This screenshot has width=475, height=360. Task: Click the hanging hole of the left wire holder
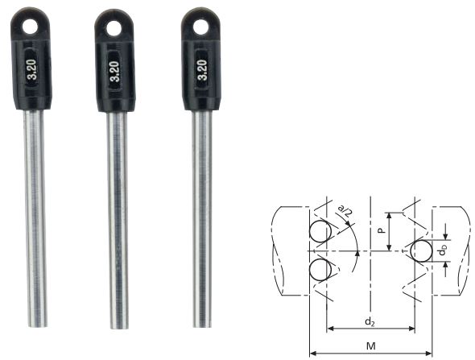click(30, 27)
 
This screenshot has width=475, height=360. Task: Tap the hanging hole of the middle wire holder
click(114, 28)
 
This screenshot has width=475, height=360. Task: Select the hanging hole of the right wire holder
click(200, 27)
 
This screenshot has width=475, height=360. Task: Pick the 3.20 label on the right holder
click(202, 70)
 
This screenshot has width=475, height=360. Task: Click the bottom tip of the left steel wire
click(38, 327)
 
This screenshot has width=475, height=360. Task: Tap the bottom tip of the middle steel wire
click(119, 328)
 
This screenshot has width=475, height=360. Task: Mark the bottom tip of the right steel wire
click(202, 327)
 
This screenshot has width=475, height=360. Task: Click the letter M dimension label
click(371, 346)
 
